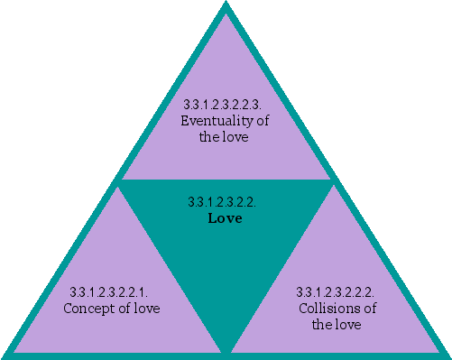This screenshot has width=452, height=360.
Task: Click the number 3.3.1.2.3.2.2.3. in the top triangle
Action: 226,105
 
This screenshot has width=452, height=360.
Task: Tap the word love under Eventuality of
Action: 235,137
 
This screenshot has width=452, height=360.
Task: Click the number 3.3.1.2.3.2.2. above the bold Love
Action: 226,202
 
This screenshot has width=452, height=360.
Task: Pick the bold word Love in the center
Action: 226,218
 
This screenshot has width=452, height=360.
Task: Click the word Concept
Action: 88,309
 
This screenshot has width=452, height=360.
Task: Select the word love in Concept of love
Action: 145,309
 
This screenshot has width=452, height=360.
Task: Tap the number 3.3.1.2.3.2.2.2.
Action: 337,292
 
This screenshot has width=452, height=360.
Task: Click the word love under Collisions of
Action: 347,325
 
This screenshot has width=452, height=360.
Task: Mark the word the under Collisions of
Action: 322,325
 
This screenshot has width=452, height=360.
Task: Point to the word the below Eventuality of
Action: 212,137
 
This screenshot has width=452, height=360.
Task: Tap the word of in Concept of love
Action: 121,309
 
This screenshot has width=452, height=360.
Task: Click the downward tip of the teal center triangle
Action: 226,352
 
